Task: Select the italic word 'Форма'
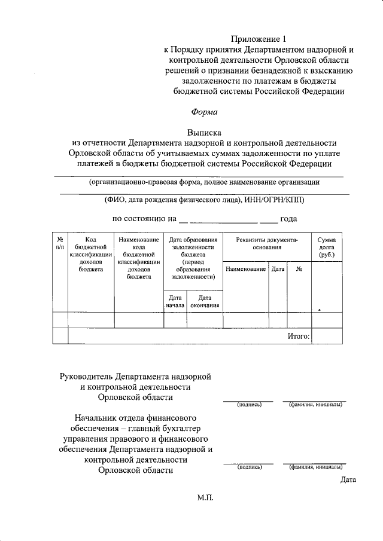205,111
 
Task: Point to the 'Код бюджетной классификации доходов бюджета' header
91,253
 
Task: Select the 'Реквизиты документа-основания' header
266,243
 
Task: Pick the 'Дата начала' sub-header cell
175,301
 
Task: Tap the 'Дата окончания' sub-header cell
205,301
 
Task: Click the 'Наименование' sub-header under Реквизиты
245,270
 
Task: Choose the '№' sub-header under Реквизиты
299,270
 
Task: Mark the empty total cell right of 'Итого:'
327,337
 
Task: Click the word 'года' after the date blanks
289,219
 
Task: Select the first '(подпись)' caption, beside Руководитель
250,405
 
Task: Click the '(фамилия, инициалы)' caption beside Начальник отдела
316,467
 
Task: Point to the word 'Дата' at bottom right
348,479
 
